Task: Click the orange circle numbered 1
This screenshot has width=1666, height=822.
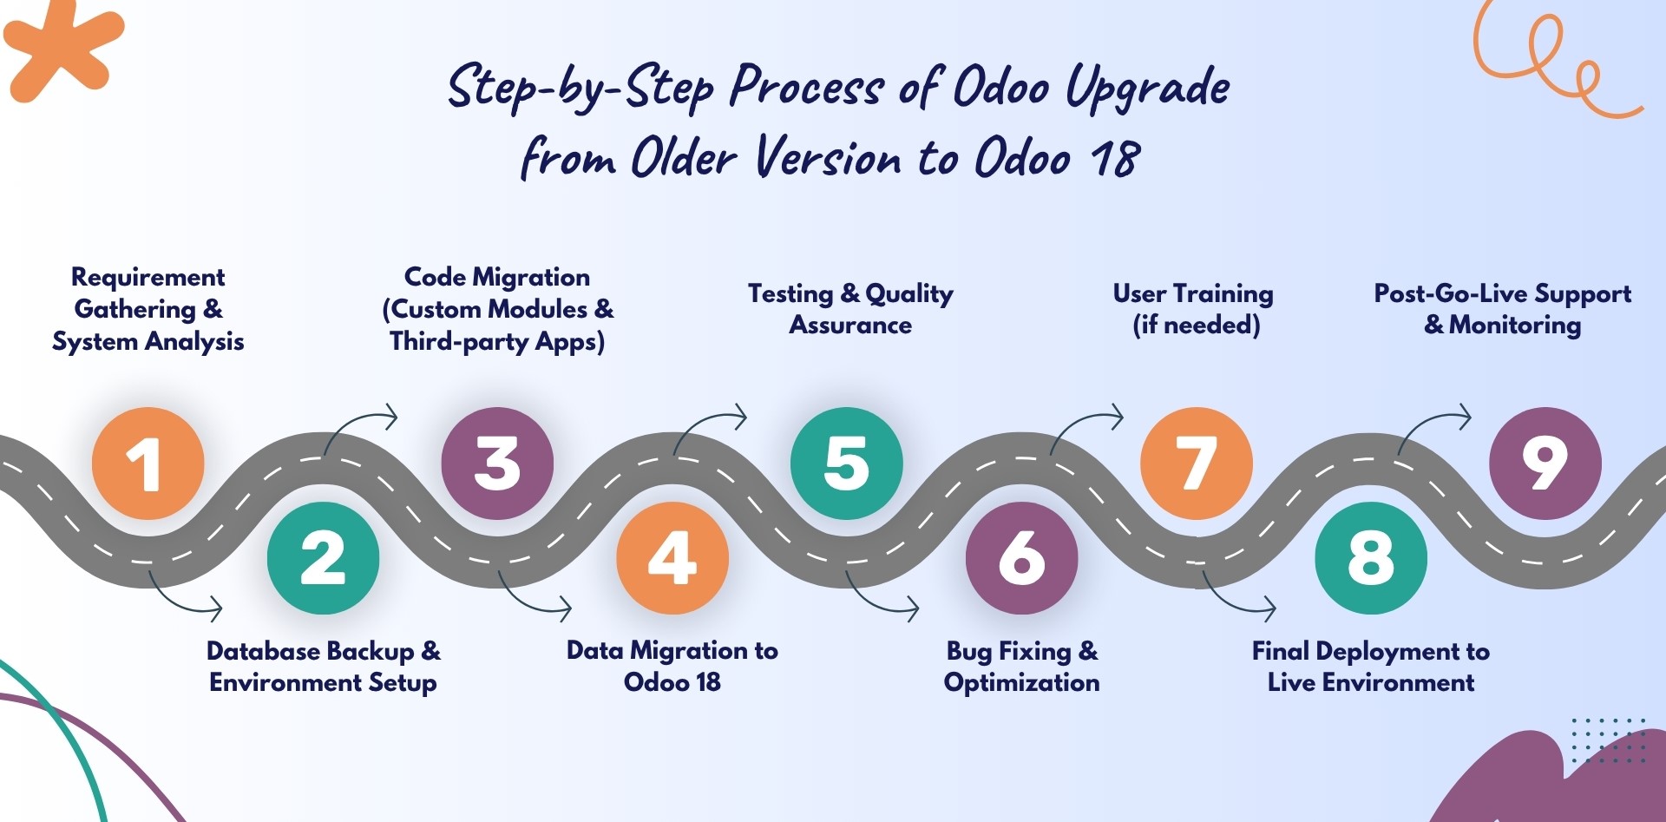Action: coord(148,463)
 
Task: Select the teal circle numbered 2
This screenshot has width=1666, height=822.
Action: coord(323,558)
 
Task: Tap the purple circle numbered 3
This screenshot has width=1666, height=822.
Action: coord(497,463)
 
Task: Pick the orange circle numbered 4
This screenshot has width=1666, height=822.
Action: coord(672,558)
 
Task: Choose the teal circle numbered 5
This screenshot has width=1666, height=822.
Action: coord(847,463)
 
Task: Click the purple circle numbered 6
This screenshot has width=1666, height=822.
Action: coord(1021,558)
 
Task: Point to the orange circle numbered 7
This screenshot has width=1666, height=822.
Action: coord(1197,463)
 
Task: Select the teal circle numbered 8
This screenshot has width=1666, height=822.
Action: coord(1371,558)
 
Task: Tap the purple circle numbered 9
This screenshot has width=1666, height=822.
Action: coord(1545,463)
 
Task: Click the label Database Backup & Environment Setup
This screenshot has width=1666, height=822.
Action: coord(323,667)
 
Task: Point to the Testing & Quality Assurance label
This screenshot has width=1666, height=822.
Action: coord(850,309)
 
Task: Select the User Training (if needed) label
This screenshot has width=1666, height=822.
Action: coord(1194,309)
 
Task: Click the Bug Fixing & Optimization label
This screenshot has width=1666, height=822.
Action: coord(1021,667)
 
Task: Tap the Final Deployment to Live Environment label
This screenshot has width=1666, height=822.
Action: coord(1371,667)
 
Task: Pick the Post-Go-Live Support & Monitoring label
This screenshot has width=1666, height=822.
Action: coord(1502,309)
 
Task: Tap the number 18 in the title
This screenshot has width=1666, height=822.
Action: coord(1115,159)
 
